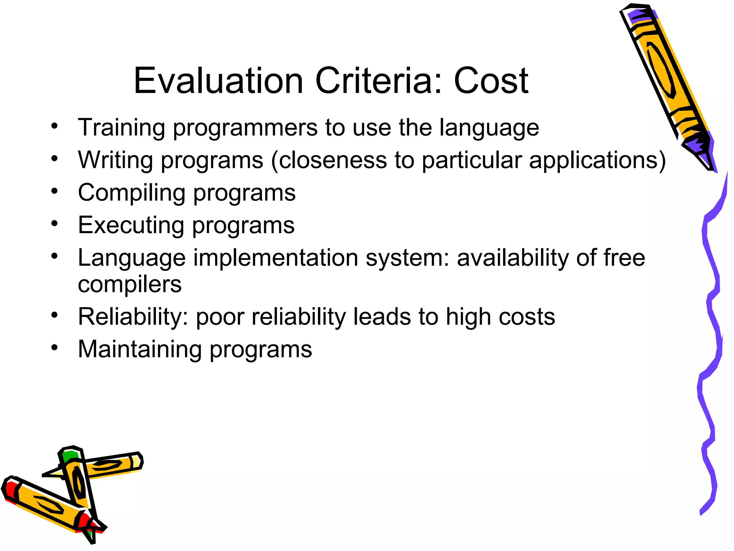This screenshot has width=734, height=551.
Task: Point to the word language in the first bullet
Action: (x=489, y=128)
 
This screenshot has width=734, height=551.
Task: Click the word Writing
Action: (x=115, y=160)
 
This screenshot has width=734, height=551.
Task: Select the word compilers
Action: (x=130, y=284)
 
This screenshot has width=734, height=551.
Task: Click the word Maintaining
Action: (x=140, y=350)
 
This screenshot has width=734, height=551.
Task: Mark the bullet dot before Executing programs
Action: (x=54, y=223)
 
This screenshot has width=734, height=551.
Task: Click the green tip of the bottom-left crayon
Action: (x=69, y=456)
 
